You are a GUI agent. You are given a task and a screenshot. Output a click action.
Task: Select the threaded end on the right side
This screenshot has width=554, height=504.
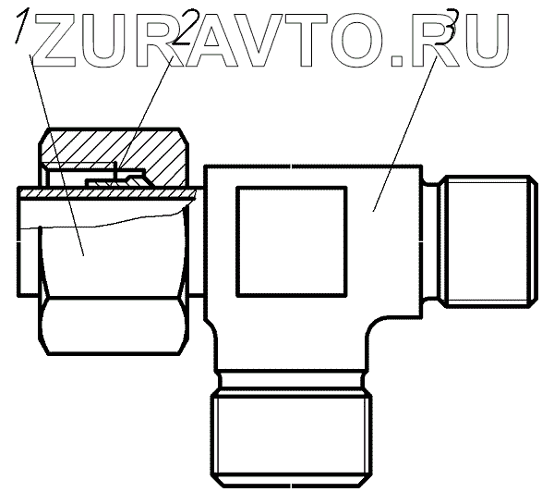tap(486, 243)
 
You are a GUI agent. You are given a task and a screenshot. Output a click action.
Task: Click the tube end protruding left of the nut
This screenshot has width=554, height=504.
tap(28, 242)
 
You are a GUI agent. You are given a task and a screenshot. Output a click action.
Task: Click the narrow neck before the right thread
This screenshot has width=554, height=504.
tap(430, 243)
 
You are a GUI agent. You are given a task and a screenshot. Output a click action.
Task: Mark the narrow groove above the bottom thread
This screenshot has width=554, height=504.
tap(292, 379)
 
